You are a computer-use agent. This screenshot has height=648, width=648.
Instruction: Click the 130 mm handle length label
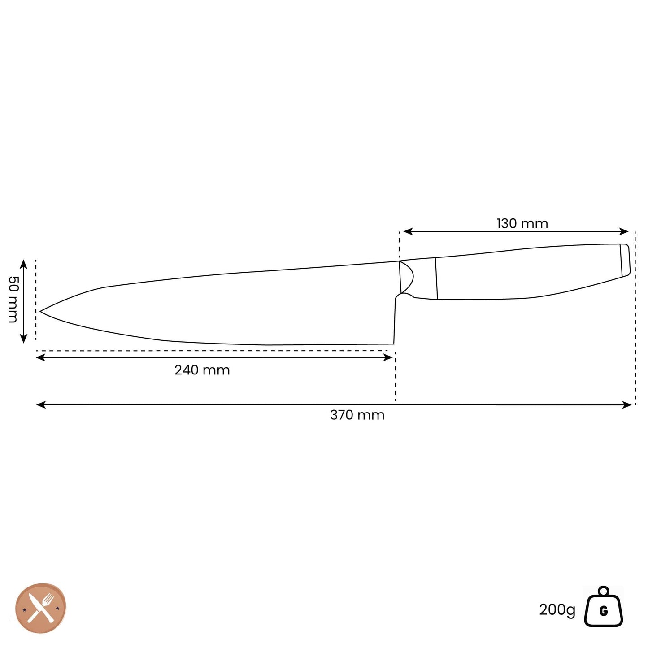[522, 223]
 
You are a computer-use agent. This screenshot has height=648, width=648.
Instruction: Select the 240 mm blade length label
[202, 370]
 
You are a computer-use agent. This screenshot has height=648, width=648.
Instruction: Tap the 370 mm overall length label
[357, 415]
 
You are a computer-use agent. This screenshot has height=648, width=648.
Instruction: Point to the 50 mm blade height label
[13, 299]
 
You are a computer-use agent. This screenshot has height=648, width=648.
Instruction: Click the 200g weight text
[557, 610]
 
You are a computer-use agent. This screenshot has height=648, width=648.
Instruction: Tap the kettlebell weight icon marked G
[603, 608]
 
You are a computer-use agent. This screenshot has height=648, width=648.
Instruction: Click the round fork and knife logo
[41, 608]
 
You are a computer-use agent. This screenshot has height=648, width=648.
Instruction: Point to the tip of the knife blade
[41, 311]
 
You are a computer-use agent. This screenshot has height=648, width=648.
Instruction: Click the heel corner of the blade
[394, 344]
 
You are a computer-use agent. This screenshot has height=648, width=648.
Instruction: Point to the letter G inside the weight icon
[604, 611]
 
